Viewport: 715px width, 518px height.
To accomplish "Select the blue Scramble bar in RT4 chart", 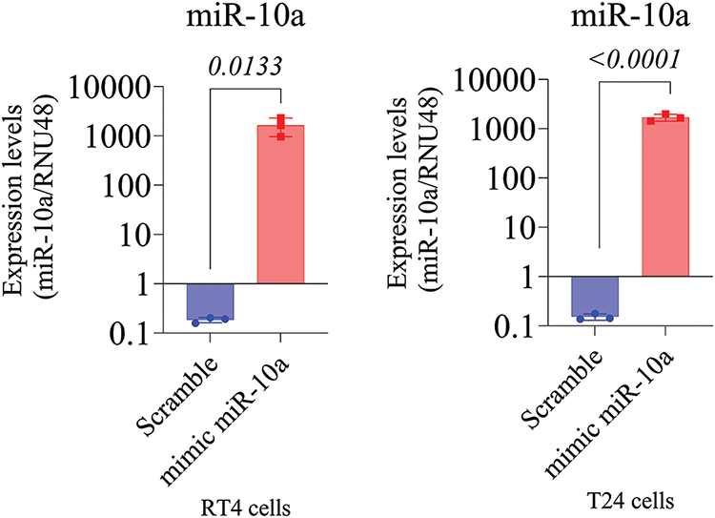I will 209,300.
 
